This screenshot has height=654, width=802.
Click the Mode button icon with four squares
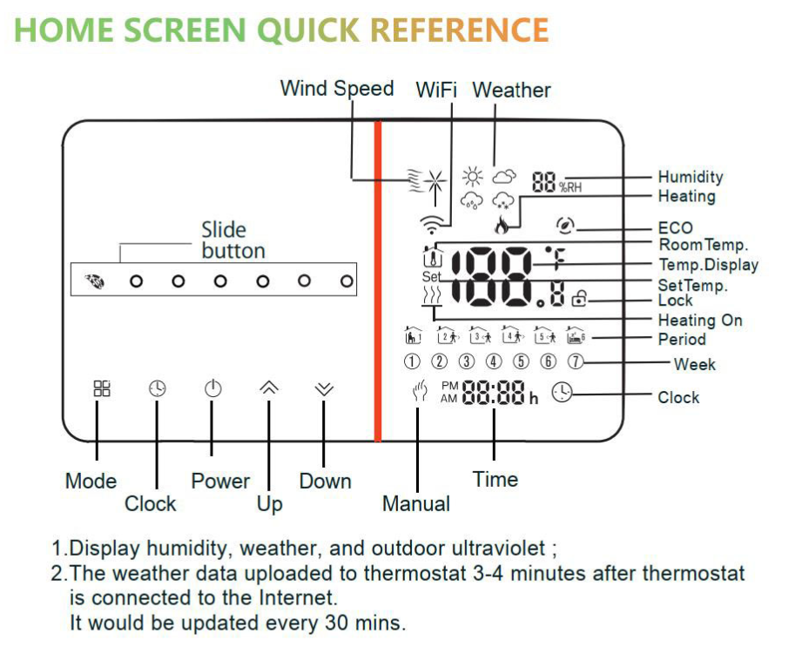(102, 388)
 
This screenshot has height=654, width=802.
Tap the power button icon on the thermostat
(212, 389)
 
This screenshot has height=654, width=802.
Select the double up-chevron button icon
(268, 388)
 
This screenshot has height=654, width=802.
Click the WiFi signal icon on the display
(432, 224)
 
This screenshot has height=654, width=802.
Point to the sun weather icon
(472, 177)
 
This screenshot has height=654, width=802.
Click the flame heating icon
(502, 225)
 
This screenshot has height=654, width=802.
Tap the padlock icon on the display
(579, 298)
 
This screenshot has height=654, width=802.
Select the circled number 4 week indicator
(494, 361)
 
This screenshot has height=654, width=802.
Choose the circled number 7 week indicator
(576, 361)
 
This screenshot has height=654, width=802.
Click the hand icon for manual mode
(420, 392)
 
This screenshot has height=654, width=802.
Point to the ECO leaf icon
(564, 225)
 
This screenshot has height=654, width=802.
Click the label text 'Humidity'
(691, 177)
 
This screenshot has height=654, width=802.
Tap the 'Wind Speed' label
(337, 89)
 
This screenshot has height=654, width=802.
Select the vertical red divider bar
(378, 280)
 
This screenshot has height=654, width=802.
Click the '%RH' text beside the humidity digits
(570, 187)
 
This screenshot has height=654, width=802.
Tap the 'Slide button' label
(233, 240)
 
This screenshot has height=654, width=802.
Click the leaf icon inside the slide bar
(95, 281)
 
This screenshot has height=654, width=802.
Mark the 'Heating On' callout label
(700, 320)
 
